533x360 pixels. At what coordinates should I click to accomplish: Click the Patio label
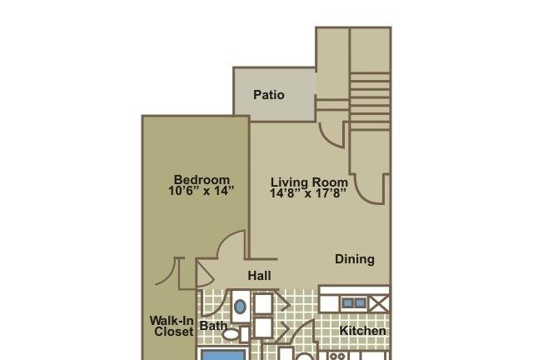[269, 95]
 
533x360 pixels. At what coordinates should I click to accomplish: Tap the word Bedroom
[202, 179]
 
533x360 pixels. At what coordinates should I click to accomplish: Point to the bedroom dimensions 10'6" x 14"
[202, 191]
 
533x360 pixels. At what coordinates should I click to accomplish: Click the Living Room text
[309, 182]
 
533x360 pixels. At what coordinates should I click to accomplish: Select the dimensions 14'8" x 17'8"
[308, 193]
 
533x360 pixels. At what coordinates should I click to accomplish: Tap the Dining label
[355, 259]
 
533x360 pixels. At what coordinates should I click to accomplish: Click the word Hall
[259, 276]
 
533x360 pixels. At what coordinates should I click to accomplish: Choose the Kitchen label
[363, 330]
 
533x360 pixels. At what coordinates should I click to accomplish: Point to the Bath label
[213, 326]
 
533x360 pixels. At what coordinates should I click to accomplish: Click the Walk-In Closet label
[172, 326]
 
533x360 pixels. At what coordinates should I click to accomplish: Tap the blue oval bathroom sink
[240, 307]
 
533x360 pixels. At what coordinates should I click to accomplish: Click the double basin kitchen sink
[354, 302]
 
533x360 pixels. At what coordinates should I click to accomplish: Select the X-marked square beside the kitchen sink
[379, 303]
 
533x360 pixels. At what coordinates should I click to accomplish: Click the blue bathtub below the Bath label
[223, 355]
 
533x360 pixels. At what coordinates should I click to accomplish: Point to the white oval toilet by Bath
[231, 334]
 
